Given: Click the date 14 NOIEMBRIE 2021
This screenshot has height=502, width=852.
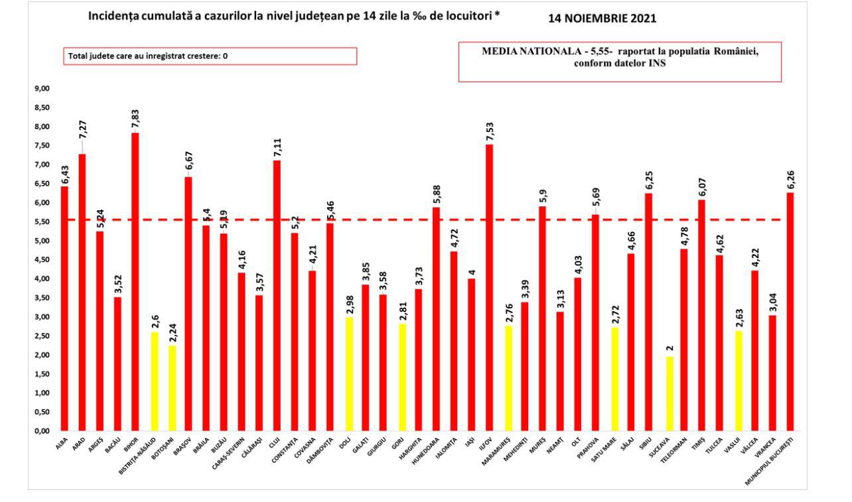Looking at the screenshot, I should [x=602, y=19].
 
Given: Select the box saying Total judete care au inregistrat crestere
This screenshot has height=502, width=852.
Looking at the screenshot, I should [x=210, y=56].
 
